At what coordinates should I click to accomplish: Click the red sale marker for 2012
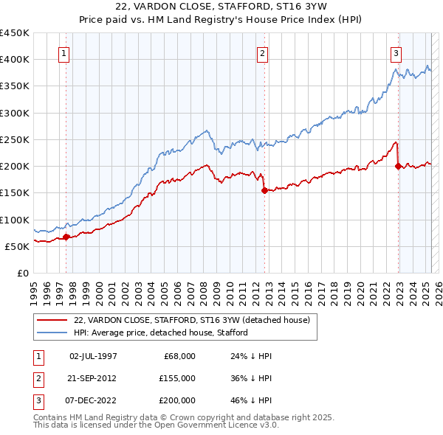(264, 190)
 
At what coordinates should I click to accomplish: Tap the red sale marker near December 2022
(399, 166)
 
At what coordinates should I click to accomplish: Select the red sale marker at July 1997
(66, 237)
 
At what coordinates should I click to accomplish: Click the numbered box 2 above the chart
(263, 52)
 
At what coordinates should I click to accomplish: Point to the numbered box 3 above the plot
(396, 52)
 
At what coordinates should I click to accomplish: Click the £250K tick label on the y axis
(15, 139)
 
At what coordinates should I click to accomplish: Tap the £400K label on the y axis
(15, 59)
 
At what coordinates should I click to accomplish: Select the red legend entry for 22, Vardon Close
(196, 320)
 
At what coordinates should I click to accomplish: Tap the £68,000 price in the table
(179, 356)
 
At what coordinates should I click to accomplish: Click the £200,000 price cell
(176, 400)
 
